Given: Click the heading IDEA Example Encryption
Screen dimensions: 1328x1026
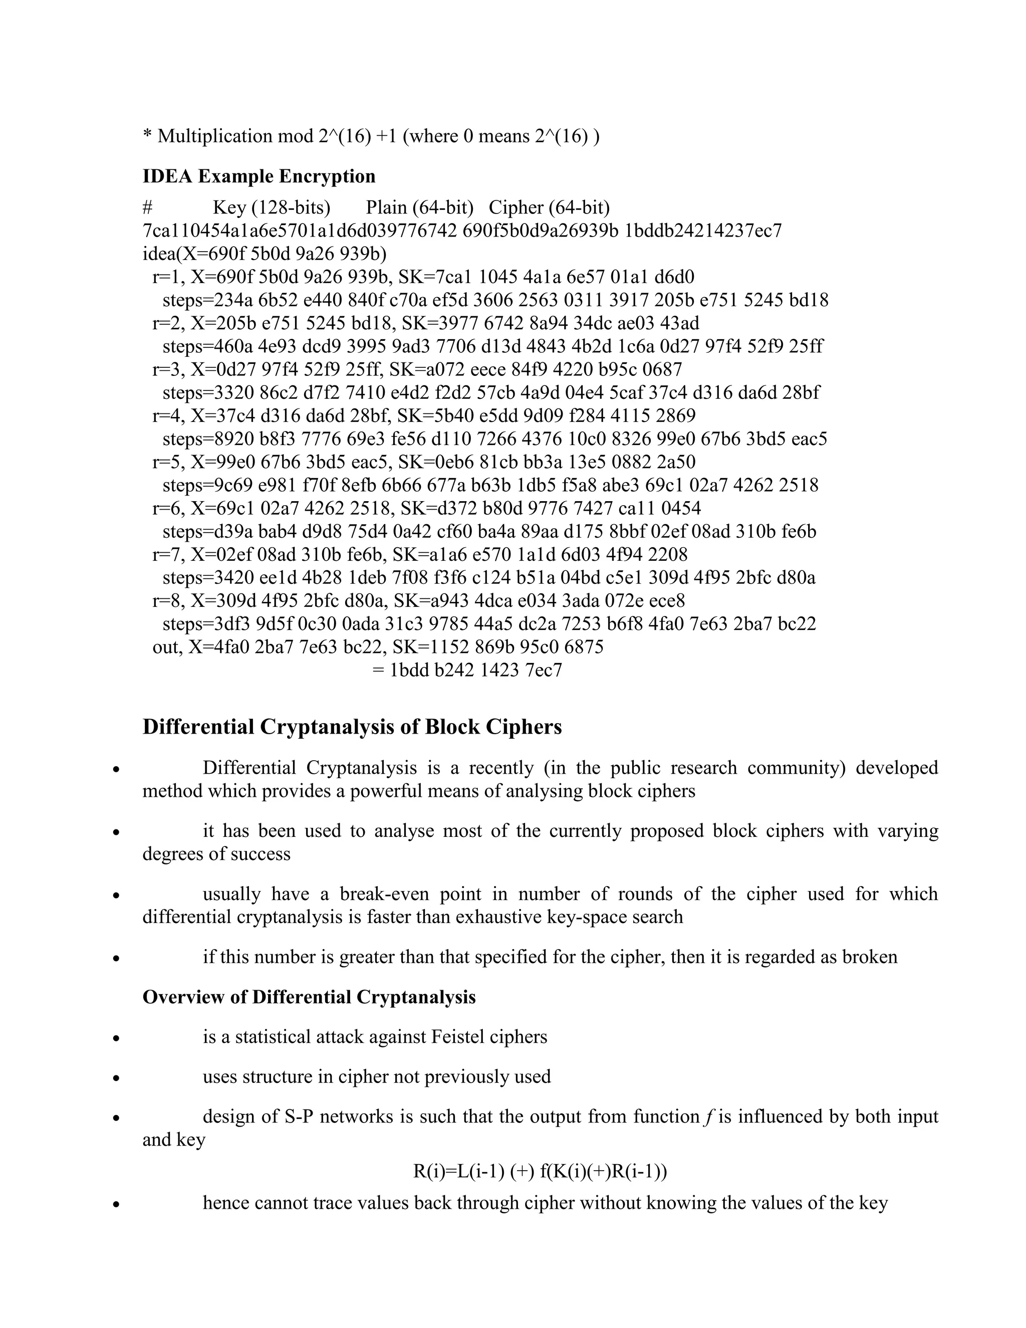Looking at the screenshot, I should tap(259, 176).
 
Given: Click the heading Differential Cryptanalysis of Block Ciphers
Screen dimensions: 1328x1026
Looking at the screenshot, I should tap(352, 727).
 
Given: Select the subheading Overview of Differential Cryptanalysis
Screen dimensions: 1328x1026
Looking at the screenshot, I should tap(309, 997).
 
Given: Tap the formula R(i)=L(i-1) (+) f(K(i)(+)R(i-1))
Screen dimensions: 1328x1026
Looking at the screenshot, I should tap(540, 1171).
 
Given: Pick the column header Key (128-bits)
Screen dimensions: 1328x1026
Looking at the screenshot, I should tap(271, 208).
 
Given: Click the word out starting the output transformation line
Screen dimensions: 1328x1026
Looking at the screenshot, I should tap(166, 647).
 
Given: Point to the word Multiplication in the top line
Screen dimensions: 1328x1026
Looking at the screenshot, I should tap(214, 136).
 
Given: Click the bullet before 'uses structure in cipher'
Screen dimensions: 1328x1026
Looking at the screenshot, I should tap(116, 1078).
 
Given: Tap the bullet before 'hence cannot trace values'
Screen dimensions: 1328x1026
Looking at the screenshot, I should tap(116, 1204).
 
